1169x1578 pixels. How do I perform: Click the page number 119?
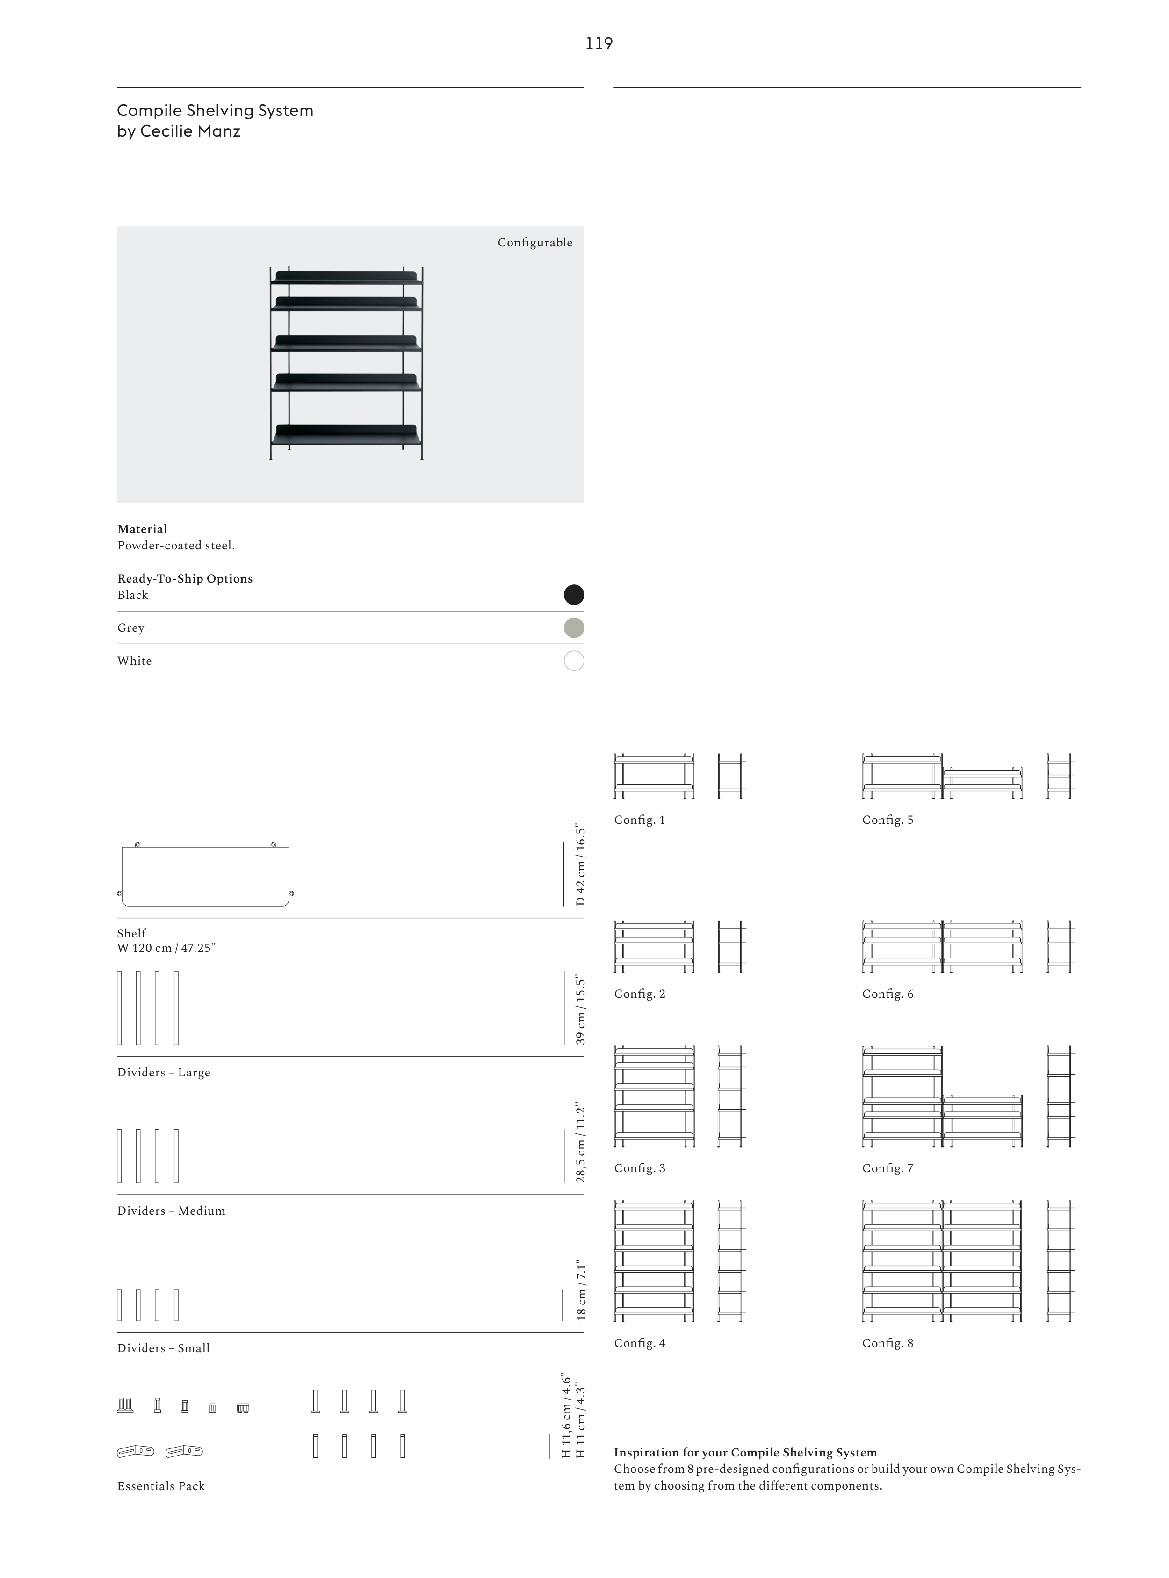coord(599,44)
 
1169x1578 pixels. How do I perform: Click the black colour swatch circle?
coord(573,594)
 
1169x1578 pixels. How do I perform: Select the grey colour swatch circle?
coord(573,627)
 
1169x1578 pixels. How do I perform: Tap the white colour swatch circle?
coord(573,661)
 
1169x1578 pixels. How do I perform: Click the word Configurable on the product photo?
coord(534,243)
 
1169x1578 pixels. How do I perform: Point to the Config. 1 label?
coord(639,820)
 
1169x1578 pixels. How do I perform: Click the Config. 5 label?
coord(888,820)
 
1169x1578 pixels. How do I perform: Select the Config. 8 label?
coord(888,1343)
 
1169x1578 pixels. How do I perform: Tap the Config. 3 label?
coord(639,1168)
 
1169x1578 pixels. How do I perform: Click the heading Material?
coord(142,529)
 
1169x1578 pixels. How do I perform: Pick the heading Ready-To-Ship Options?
coord(185,579)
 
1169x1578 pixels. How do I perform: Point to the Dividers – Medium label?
coord(171,1211)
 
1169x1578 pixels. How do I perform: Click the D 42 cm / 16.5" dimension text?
coord(581,865)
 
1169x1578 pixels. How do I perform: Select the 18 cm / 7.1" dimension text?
coord(581,1290)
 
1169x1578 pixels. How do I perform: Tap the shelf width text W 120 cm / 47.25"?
coord(166,948)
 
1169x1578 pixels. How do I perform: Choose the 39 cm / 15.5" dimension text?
coord(581,1010)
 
